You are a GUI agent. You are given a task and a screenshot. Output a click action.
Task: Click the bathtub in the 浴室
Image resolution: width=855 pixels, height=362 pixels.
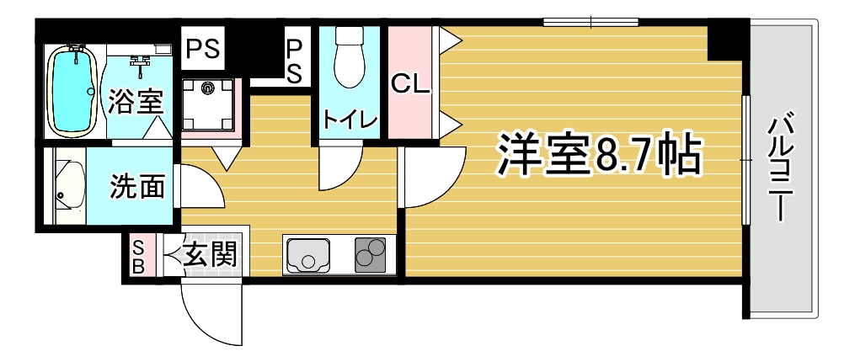72,91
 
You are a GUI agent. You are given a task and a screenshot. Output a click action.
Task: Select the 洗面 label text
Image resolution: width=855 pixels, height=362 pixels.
136,186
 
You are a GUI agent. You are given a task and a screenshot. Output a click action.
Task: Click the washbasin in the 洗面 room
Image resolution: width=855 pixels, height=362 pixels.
69,185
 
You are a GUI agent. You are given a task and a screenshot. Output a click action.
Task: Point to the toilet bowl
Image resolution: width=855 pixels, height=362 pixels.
350,56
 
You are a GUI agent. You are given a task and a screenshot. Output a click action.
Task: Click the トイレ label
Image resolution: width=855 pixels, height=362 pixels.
350,118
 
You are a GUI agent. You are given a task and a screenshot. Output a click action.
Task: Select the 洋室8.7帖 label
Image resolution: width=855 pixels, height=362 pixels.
597,155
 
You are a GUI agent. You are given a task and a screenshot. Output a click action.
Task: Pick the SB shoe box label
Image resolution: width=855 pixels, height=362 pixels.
139,258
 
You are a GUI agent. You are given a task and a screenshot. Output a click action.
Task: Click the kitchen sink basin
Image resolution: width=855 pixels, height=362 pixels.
307,254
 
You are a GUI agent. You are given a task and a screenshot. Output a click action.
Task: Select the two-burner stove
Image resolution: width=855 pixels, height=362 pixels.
371,254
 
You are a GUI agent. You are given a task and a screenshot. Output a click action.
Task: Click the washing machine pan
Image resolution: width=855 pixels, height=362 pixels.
207,104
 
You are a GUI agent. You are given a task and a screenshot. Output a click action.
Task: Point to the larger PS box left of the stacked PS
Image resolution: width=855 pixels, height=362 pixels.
203,49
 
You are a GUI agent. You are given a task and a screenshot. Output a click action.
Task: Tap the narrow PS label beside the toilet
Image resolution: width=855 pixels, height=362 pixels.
294,60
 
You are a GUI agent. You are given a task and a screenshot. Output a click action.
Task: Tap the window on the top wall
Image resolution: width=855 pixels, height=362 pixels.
590,22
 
